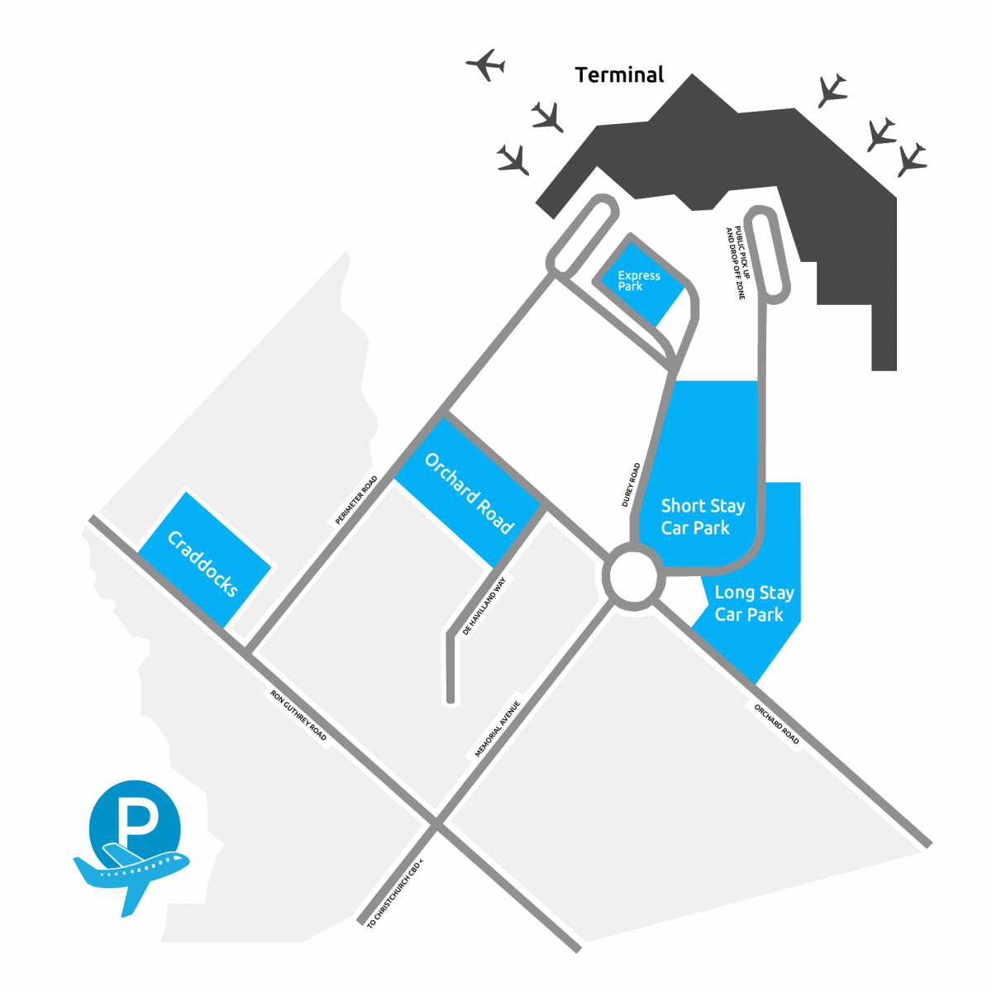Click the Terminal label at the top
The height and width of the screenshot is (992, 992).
pyautogui.click(x=619, y=75)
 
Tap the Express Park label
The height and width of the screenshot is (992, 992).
pyautogui.click(x=639, y=281)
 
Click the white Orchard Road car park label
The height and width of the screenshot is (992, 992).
pyautogui.click(x=469, y=494)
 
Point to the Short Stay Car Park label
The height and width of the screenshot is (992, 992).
pyautogui.click(x=703, y=517)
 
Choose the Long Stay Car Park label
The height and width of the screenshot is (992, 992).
pyautogui.click(x=753, y=603)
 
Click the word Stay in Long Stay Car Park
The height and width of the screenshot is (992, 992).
pyautogui.click(x=775, y=593)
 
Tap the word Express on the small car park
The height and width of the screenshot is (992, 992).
pyautogui.click(x=639, y=276)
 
